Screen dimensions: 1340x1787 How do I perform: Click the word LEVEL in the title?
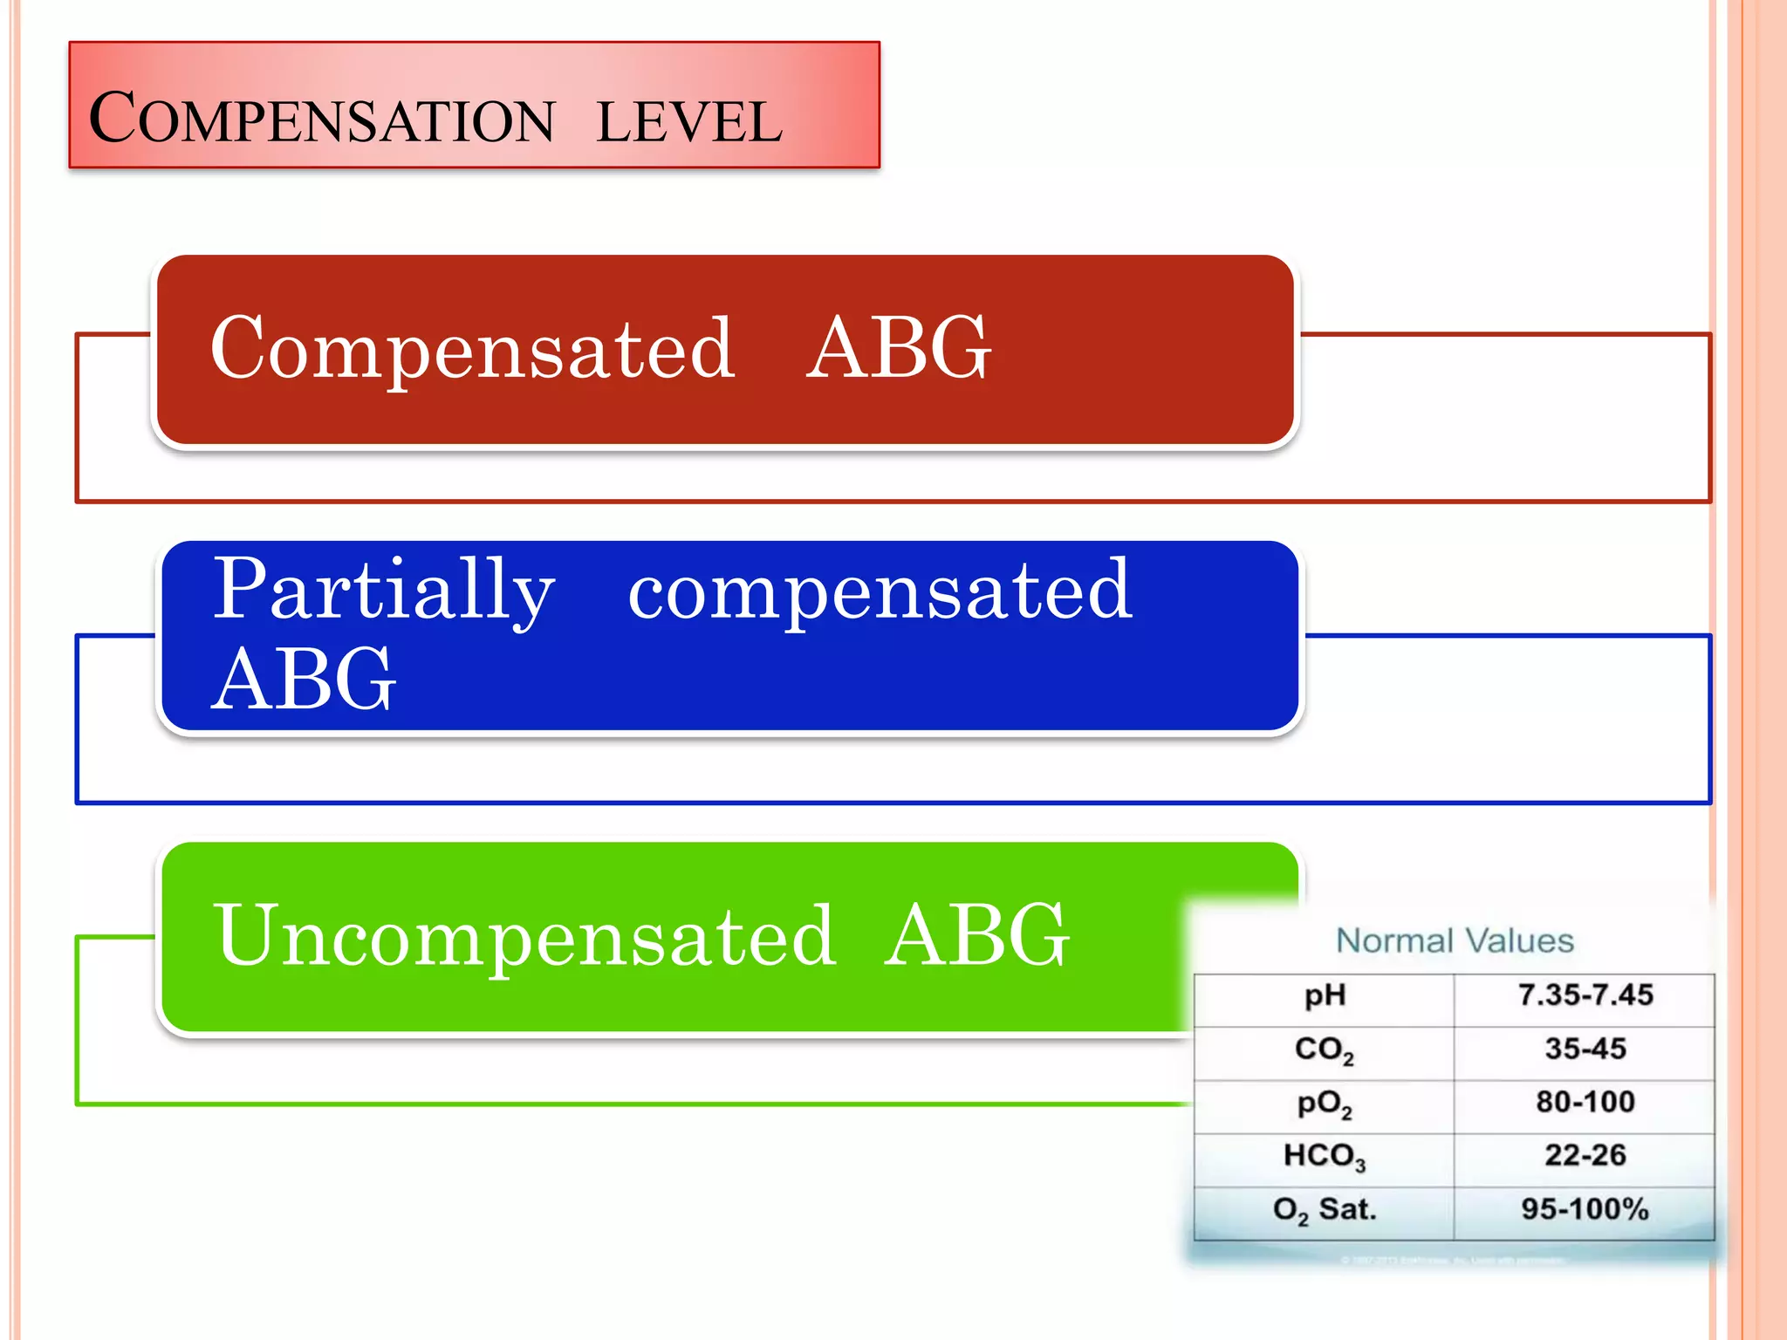689,122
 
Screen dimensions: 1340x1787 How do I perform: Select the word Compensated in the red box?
472,348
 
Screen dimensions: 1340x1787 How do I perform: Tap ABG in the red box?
898,348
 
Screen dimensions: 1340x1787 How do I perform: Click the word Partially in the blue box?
383,591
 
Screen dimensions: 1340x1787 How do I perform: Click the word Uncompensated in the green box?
524,936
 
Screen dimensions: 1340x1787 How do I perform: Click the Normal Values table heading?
1455,940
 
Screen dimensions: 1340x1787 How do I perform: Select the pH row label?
1325,996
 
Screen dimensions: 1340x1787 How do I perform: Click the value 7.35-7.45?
1585,995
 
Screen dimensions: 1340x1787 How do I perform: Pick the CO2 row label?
1324,1049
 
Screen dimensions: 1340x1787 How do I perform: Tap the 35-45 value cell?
1585,1049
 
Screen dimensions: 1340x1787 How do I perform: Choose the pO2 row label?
1324,1104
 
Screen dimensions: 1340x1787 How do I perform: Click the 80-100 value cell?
1585,1102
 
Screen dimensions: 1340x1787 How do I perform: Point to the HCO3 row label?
1324,1157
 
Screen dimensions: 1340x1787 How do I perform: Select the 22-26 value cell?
1585,1156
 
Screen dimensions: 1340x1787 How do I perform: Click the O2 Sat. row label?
1324,1211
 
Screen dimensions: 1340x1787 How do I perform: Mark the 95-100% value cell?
1585,1210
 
